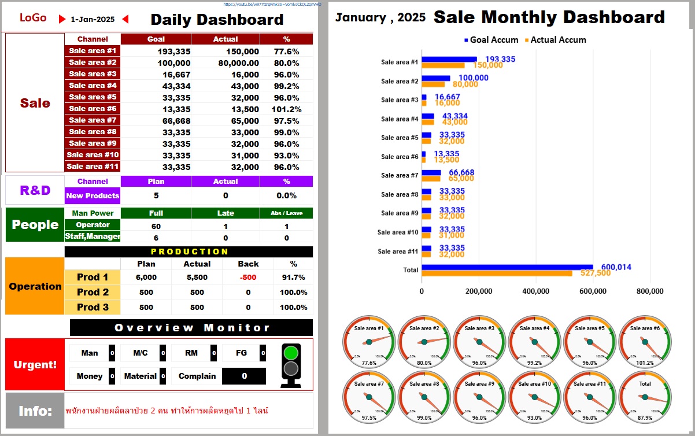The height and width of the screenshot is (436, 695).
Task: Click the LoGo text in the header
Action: point(33,18)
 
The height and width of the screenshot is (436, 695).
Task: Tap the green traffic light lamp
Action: point(291,352)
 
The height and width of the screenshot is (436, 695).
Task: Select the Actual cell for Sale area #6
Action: point(225,109)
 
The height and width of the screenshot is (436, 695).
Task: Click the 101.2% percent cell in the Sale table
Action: point(286,109)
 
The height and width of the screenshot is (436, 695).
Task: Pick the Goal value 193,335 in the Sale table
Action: point(156,51)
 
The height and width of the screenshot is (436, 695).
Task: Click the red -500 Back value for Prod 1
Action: point(248,277)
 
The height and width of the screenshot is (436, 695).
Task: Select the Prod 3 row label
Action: point(93,307)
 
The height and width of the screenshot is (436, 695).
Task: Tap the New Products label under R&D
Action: point(93,195)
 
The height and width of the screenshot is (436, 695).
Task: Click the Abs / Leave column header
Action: point(286,213)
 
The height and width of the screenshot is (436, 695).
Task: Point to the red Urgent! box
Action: point(35,365)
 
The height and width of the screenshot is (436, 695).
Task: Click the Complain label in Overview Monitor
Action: point(197,376)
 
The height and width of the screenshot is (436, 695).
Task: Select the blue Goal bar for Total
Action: point(507,267)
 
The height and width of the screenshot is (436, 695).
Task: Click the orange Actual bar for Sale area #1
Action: point(443,65)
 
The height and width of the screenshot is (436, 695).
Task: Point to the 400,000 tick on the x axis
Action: point(535,291)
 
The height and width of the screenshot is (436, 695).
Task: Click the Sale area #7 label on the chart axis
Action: point(399,175)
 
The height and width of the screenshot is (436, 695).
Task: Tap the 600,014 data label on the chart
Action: point(616,267)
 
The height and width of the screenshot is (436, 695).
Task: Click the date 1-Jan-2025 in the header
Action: point(93,19)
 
